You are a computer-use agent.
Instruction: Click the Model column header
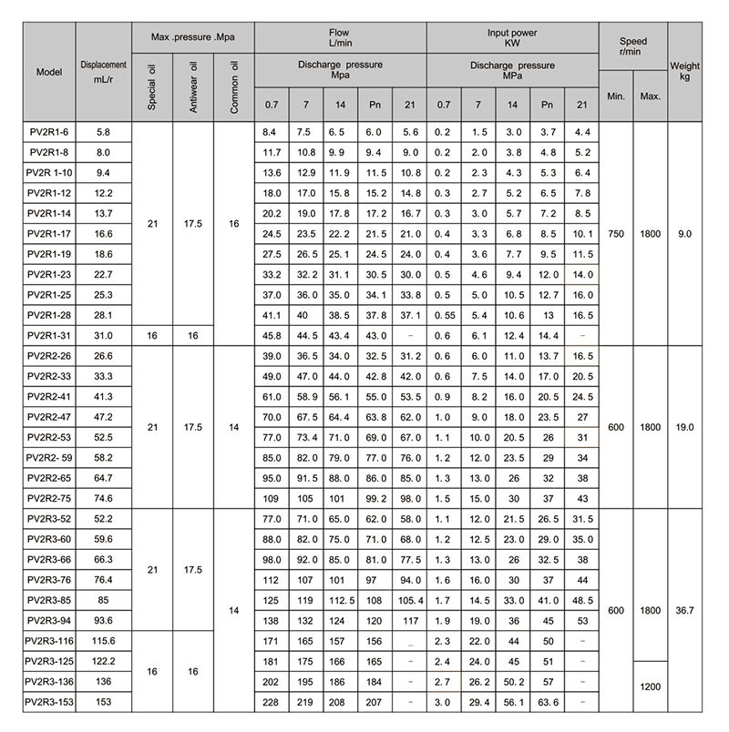(x=49, y=71)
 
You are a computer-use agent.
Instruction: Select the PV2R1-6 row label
(x=49, y=134)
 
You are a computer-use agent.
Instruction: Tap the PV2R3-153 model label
(x=49, y=702)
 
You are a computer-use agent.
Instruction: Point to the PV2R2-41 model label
(x=49, y=397)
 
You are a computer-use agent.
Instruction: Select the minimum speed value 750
(x=616, y=234)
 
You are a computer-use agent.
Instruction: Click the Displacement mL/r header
(x=103, y=71)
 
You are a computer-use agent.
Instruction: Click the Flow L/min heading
(x=339, y=37)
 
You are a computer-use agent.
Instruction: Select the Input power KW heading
(x=511, y=37)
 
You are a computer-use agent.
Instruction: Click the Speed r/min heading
(x=632, y=47)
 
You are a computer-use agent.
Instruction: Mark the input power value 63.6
(x=547, y=702)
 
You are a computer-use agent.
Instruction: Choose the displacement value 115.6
(x=103, y=642)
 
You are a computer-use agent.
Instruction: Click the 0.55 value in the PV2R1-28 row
(x=443, y=316)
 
